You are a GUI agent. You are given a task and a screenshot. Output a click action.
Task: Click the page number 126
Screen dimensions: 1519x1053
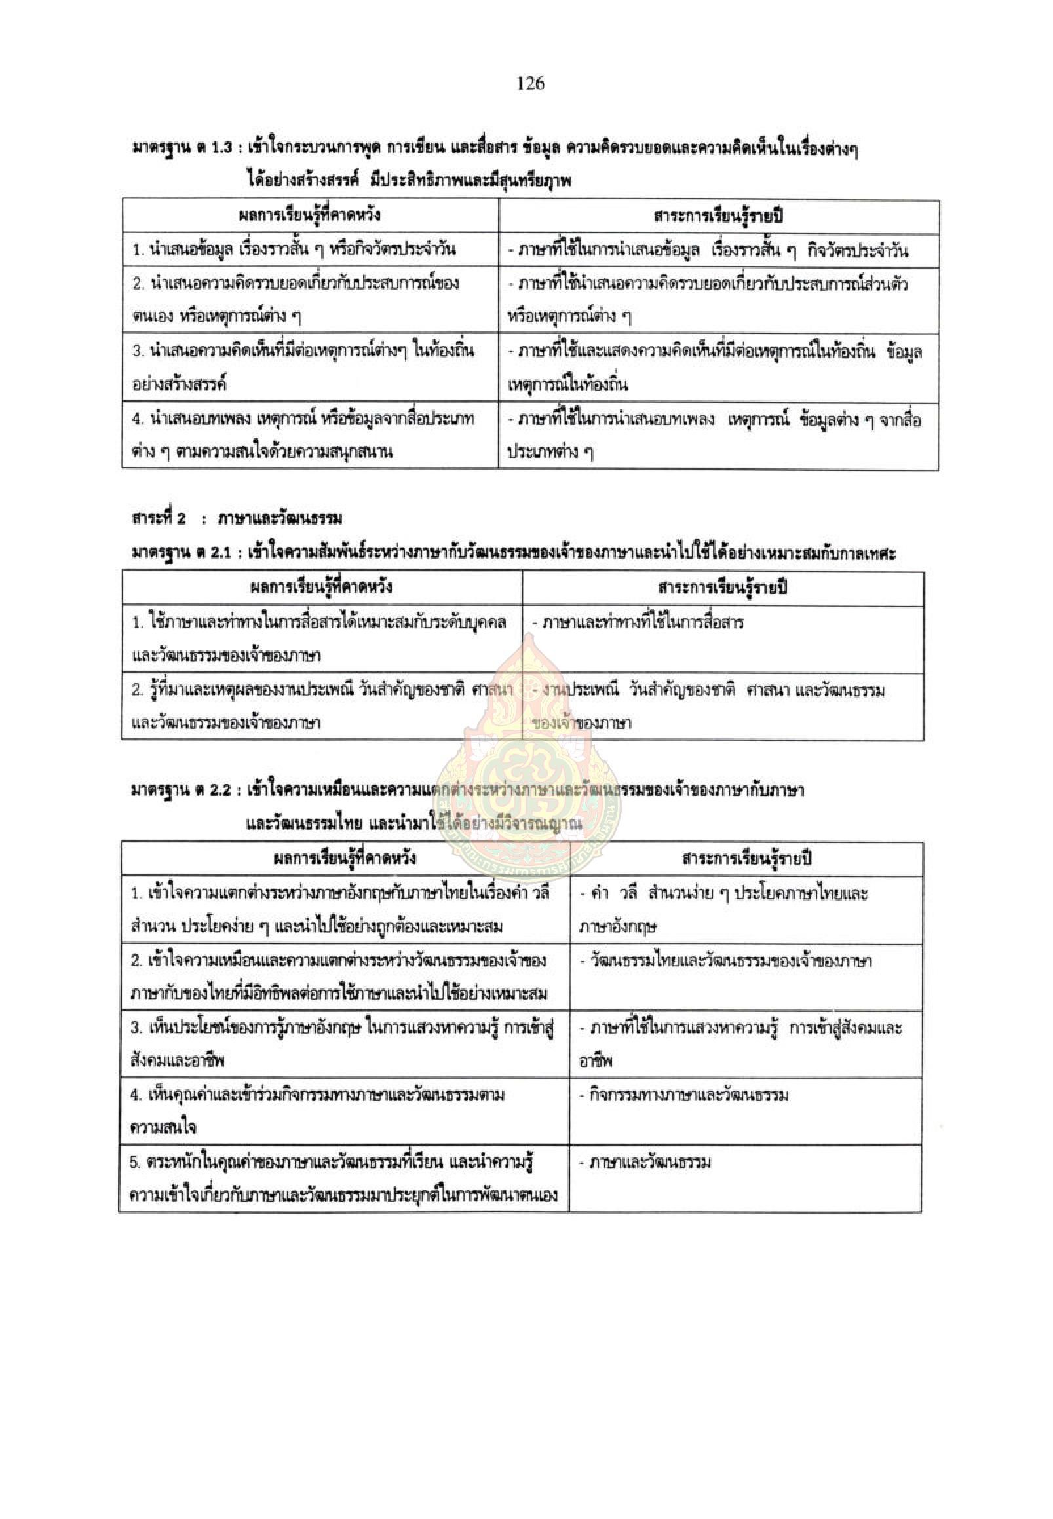(531, 83)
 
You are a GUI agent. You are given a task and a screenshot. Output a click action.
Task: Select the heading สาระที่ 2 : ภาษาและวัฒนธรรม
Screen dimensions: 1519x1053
(235, 519)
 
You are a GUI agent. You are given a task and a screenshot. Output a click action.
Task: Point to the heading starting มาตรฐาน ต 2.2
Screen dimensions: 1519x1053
(467, 789)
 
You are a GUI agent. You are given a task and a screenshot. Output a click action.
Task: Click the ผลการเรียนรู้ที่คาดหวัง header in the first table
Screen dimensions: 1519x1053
(309, 216)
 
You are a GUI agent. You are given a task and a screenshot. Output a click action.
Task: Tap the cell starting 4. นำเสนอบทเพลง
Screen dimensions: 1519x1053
(303, 436)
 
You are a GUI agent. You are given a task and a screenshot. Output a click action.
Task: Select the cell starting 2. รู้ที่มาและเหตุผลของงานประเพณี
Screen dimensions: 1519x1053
(321, 706)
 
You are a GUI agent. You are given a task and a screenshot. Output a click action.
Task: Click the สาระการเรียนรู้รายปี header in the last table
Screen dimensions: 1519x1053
(746, 859)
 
